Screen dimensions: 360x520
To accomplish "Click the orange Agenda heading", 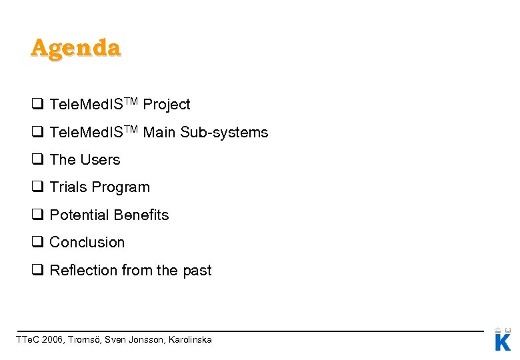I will [75, 48].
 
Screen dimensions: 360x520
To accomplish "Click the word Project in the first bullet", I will [167, 105].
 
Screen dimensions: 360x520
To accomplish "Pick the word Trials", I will [68, 187].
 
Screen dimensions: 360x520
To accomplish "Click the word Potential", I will [79, 215].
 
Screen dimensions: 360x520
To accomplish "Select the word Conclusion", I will [87, 243].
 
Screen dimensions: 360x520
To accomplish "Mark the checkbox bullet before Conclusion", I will [37, 243].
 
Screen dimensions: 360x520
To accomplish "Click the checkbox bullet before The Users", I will [37, 160].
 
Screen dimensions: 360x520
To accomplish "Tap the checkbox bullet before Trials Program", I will [37, 187].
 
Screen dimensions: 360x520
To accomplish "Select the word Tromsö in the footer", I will [87, 340].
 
